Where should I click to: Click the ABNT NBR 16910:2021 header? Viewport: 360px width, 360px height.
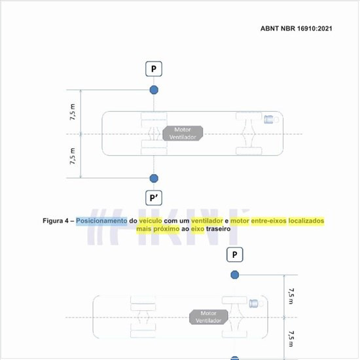click(296, 28)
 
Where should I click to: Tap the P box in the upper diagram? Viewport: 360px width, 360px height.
click(154, 69)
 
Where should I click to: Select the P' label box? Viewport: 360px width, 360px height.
click(154, 198)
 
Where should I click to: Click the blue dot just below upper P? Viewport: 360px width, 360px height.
click(154, 90)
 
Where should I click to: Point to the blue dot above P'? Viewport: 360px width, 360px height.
click(154, 178)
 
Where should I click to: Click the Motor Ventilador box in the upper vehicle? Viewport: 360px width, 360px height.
click(183, 133)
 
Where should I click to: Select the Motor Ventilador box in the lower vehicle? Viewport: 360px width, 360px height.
click(208, 317)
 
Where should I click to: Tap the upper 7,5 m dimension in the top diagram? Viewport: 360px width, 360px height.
click(72, 112)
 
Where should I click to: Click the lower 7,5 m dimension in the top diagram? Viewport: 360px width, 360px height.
click(72, 156)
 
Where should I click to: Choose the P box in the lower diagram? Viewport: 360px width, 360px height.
click(234, 255)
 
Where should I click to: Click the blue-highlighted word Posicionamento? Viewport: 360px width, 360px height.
click(101, 221)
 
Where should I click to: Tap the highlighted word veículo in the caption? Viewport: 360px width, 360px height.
click(151, 221)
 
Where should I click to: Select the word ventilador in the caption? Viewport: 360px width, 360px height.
click(207, 221)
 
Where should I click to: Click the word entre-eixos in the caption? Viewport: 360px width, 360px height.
click(268, 221)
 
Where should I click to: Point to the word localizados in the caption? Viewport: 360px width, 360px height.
click(306, 221)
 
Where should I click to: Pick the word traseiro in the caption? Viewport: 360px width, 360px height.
click(218, 229)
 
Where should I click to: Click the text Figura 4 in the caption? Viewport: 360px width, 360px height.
click(56, 221)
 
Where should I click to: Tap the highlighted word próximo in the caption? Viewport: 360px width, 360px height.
click(166, 229)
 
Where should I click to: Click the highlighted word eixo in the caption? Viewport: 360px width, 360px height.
click(198, 229)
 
